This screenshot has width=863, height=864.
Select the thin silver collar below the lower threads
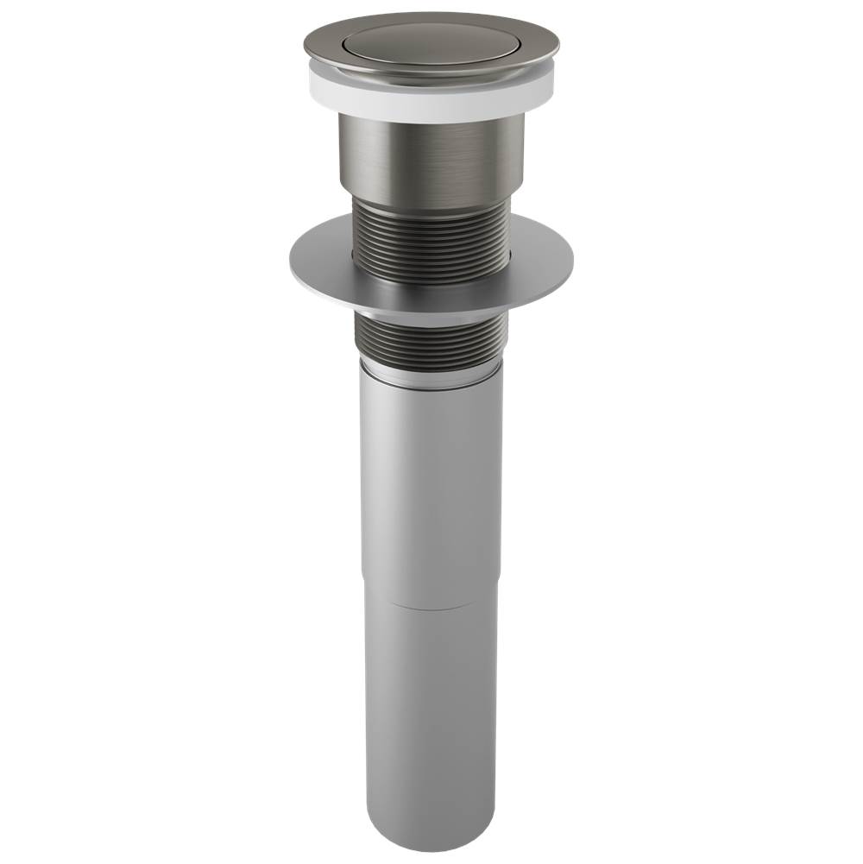pyautogui.click(x=431, y=380)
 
